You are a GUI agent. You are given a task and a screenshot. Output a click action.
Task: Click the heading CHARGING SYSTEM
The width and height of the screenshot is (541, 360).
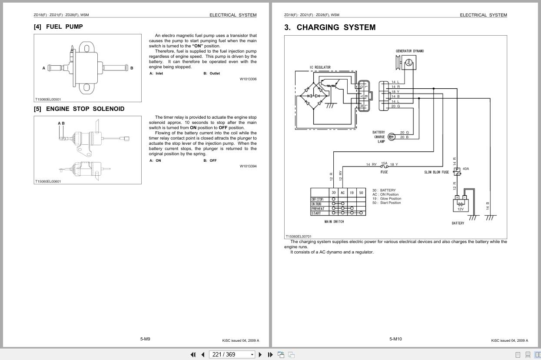coord(330,27)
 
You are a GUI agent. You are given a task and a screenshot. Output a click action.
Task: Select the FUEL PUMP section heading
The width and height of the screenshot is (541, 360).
coord(58,27)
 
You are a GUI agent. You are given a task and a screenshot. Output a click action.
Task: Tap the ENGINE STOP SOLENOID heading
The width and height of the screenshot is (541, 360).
coord(79,109)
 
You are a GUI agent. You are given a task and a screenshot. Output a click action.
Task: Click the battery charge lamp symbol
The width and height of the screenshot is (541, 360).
coord(391,137)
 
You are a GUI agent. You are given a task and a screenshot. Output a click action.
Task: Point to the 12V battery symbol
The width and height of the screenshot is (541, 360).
coord(460,204)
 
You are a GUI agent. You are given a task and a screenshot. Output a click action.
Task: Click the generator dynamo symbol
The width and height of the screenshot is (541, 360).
coord(408,63)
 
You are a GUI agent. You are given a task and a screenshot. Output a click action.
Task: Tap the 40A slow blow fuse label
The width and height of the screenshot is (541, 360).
coord(466,169)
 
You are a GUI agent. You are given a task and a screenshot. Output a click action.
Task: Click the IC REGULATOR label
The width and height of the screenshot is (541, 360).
coord(320,67)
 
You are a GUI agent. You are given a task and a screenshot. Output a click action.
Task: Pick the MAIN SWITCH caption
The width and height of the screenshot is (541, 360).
coord(334,222)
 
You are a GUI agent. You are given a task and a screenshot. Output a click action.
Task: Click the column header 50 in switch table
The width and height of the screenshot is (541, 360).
coord(361,193)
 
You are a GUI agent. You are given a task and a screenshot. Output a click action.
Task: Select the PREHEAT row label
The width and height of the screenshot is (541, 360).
coord(318,209)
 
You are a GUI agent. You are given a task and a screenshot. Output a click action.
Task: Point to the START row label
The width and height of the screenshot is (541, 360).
coord(316,213)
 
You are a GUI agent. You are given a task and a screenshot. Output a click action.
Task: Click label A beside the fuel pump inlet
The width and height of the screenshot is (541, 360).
coord(44,68)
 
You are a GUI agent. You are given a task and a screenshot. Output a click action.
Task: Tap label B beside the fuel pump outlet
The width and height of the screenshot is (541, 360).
coord(132,68)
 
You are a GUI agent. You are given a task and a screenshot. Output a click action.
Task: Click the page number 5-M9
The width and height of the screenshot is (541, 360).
coord(145,339)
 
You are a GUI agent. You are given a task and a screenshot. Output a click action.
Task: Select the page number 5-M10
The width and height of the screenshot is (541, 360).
coord(395,339)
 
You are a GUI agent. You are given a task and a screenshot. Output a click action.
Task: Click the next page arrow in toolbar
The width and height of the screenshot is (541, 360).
coord(260,354)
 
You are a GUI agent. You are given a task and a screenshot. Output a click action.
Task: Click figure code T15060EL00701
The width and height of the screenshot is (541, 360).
coord(299,237)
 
